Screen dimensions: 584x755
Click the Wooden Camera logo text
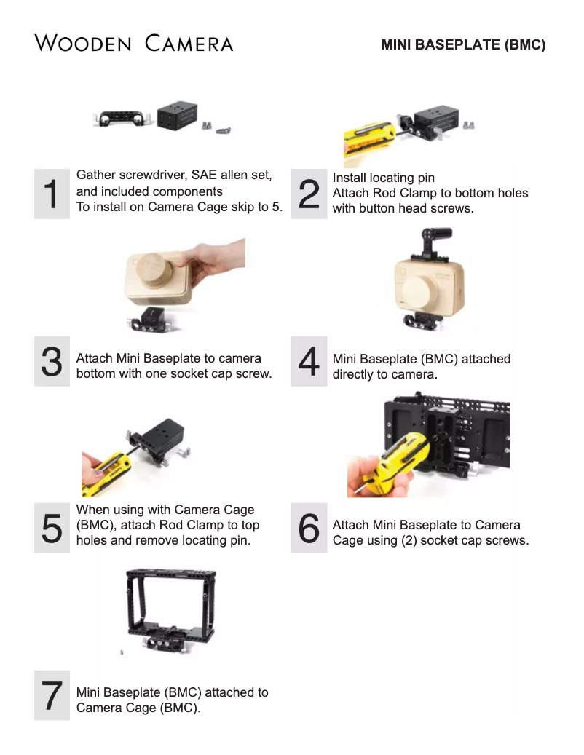134,44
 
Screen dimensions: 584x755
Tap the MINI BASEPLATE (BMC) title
463,45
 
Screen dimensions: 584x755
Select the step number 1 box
52,194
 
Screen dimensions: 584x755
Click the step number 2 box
309,194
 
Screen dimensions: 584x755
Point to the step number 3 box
52,361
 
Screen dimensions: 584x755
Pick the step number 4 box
309,361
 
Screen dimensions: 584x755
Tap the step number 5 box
52,528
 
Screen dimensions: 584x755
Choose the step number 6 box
309,528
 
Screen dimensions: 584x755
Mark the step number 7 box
52,695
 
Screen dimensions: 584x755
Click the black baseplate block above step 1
178,116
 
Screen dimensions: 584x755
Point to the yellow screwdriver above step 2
368,140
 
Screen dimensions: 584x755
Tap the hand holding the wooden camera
212,260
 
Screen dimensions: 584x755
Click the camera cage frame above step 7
171,609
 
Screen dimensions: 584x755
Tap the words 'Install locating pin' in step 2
383,178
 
